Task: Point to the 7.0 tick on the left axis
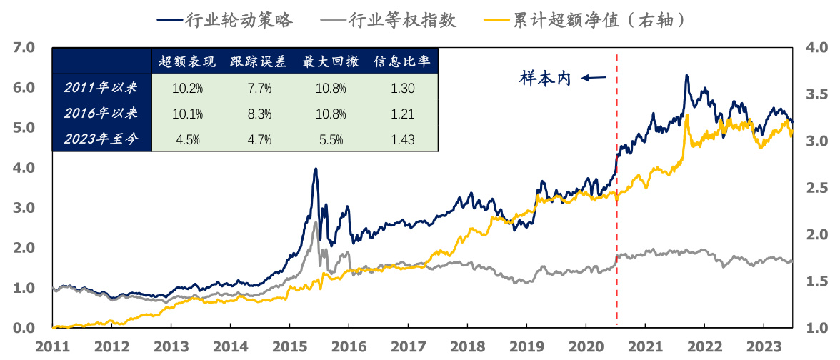coord(24,48)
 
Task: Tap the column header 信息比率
coord(401,62)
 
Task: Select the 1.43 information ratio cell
coord(403,139)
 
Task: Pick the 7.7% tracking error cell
coord(259,88)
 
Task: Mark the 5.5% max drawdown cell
coord(330,139)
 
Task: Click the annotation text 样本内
coord(545,79)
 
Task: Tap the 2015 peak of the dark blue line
coord(315,169)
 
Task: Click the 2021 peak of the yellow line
coord(686,115)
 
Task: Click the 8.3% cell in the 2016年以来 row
coord(259,114)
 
